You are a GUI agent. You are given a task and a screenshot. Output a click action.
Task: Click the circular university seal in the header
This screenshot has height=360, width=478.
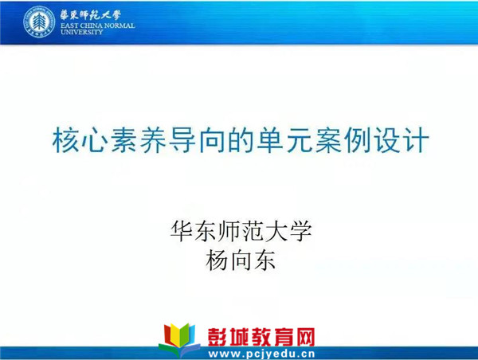tap(39, 22)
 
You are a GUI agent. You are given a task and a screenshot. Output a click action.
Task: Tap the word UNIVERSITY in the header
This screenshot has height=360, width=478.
tap(82, 32)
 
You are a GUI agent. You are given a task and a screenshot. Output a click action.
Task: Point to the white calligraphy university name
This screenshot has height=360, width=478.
tap(90, 15)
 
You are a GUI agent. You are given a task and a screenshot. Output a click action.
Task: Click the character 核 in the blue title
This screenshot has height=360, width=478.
tap(65, 140)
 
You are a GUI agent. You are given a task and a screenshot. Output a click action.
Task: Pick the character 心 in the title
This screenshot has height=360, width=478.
tap(94, 140)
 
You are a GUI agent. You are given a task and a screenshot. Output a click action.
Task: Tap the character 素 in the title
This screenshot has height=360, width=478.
tap(123, 140)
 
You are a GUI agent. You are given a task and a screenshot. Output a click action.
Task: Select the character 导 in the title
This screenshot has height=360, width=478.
tap(182, 140)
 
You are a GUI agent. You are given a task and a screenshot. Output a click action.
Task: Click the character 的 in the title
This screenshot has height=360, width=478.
tap(241, 140)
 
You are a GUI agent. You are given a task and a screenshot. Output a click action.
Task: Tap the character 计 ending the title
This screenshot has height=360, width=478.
tap(416, 140)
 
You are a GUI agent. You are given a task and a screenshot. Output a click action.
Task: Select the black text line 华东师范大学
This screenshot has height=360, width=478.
tap(241, 231)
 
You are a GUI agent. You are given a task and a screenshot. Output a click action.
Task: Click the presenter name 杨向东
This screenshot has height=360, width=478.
tap(241, 260)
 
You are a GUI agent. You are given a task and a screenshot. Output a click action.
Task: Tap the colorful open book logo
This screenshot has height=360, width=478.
tap(179, 339)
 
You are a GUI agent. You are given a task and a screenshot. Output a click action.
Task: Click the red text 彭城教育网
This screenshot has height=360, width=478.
tap(261, 337)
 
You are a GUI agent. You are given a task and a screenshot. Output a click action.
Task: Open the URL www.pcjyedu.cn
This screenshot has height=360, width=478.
tap(261, 354)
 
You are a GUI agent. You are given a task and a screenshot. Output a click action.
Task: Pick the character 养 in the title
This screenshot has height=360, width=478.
tap(152, 140)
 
